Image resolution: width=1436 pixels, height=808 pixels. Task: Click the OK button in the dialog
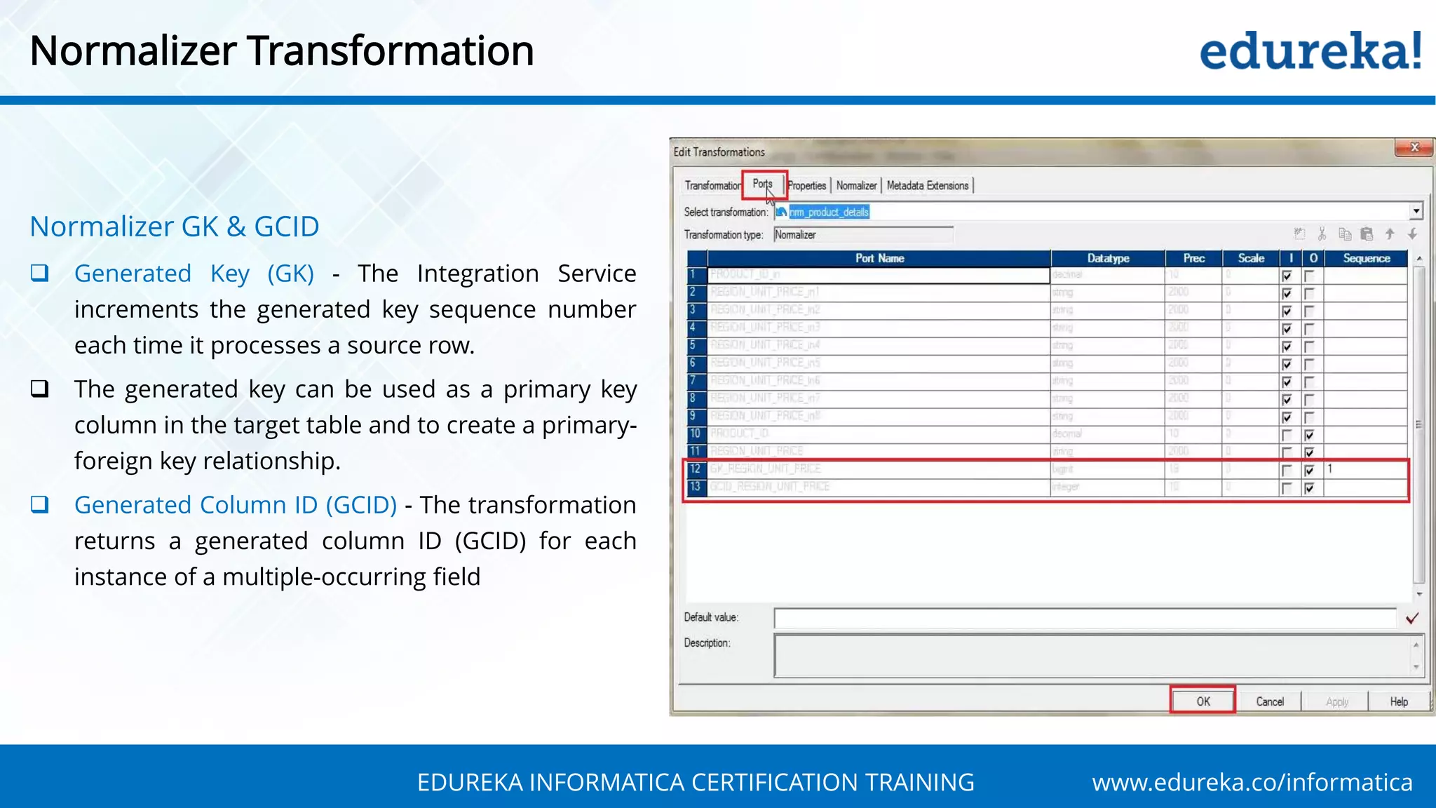[1203, 701]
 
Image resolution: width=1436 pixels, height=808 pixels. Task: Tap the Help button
[1398, 701]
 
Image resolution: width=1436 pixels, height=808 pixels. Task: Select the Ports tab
[762, 184]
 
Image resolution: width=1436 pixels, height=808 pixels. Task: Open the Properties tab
[807, 186]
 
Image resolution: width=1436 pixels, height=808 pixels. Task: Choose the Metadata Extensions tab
[927, 186]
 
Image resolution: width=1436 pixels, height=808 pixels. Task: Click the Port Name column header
[879, 258]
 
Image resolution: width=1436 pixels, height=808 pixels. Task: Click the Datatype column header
[1108, 258]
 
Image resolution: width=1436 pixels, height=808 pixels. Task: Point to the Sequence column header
[1366, 258]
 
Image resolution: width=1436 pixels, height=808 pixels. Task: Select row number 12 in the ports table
[696, 469]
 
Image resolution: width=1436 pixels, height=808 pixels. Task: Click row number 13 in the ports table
[696, 486]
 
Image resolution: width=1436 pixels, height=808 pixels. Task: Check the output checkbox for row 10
[1309, 435]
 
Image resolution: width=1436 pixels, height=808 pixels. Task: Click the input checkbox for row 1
[1287, 276]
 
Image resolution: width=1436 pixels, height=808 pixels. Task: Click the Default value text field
[1085, 618]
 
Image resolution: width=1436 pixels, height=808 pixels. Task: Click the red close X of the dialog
[1414, 147]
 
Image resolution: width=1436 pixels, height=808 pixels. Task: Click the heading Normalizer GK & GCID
[175, 227]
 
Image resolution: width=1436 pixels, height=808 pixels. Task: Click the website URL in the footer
[1252, 782]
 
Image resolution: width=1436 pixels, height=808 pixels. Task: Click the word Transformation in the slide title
[391, 51]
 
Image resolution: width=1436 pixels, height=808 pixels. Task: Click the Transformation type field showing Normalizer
[862, 235]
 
